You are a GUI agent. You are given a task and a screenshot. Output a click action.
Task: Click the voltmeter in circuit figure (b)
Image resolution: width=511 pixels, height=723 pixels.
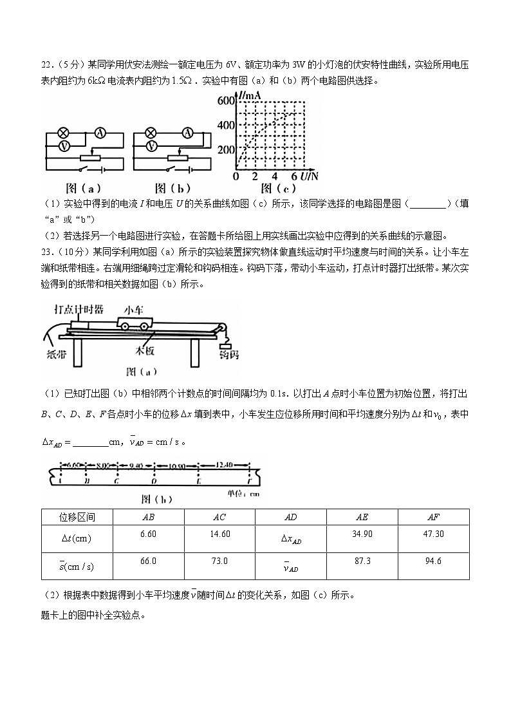(151, 147)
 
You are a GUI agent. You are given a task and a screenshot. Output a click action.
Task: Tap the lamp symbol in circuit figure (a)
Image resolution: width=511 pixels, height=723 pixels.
(64, 133)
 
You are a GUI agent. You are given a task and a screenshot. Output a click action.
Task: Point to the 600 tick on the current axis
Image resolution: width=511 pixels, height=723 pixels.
(226, 100)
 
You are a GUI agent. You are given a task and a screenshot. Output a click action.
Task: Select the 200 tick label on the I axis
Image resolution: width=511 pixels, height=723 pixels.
(226, 149)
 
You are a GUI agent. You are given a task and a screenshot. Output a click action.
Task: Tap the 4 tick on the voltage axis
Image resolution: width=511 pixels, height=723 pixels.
(274, 176)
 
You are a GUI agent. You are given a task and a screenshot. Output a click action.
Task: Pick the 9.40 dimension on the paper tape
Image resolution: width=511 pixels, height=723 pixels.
(135, 465)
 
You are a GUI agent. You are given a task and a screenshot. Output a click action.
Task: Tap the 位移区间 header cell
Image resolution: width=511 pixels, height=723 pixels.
(77, 517)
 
